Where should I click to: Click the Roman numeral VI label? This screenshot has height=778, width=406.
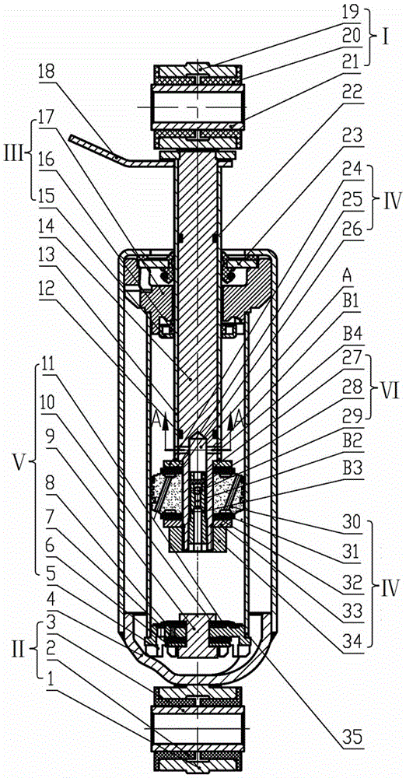385,383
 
